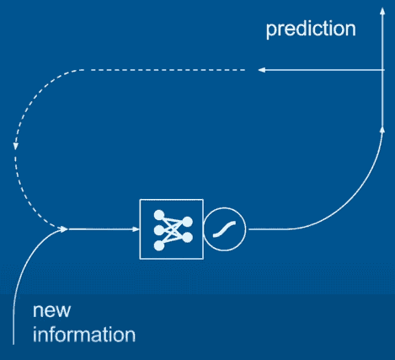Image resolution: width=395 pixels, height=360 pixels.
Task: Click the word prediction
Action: click(x=311, y=29)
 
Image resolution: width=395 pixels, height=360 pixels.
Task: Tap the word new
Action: click(x=51, y=310)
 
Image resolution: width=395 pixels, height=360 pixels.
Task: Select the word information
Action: click(x=84, y=334)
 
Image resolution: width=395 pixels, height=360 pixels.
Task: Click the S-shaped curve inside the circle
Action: click(x=224, y=229)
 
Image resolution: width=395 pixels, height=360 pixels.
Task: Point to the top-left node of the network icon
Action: click(x=159, y=215)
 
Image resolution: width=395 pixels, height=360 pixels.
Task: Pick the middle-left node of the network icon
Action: click(x=159, y=230)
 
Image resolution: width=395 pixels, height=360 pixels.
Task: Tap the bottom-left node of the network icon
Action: click(x=159, y=245)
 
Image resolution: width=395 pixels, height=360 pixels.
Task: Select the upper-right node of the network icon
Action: click(x=187, y=222)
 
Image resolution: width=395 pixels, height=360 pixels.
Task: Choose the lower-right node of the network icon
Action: click(x=187, y=237)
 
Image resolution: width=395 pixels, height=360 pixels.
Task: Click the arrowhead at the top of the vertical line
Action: click(x=382, y=11)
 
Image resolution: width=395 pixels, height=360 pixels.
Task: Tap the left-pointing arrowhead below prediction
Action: click(x=262, y=70)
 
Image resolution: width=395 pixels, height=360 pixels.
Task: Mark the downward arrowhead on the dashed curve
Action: click(x=16, y=146)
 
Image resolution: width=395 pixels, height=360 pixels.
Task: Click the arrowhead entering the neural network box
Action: click(x=136, y=229)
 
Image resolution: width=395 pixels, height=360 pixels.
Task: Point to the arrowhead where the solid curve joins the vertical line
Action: click(x=382, y=130)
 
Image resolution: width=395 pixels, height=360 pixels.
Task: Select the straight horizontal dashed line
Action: click(x=168, y=70)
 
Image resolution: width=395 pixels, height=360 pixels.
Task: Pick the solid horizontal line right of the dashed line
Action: click(x=321, y=70)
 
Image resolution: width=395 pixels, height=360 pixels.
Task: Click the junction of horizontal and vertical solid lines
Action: click(x=382, y=70)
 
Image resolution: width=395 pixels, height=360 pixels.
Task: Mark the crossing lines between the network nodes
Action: click(x=173, y=230)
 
